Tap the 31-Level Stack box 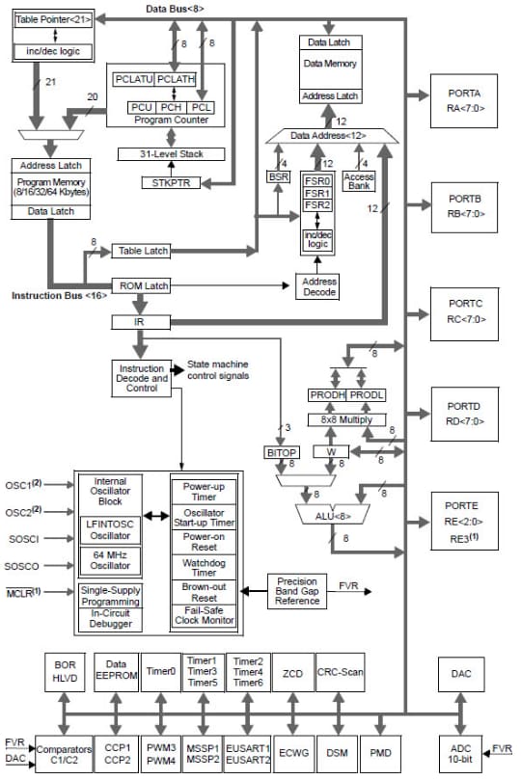pos(172,154)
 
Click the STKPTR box pos(172,182)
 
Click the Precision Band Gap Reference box pos(298,591)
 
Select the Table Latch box pos(143,251)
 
